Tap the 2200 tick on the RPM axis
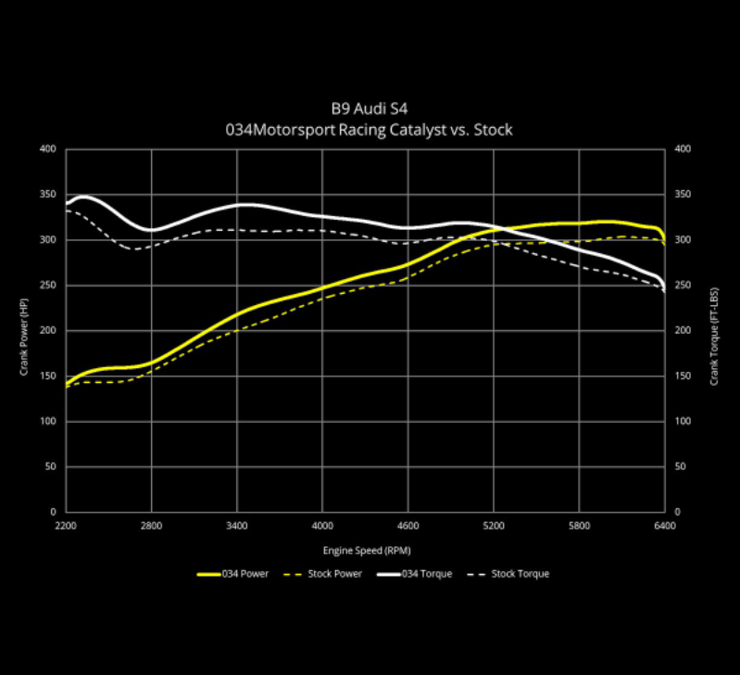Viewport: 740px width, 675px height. (66, 527)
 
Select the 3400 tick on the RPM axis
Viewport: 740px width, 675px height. (237, 527)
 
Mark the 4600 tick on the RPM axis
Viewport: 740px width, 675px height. (408, 527)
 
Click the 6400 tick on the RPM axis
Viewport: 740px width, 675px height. (665, 527)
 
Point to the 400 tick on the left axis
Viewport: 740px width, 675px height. (48, 149)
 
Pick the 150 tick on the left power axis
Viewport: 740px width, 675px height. (48, 376)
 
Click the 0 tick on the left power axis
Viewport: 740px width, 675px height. (54, 512)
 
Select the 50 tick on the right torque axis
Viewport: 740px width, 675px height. (681, 466)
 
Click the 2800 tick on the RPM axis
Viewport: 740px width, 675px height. (152, 527)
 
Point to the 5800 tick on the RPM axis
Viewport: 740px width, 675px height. (580, 527)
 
